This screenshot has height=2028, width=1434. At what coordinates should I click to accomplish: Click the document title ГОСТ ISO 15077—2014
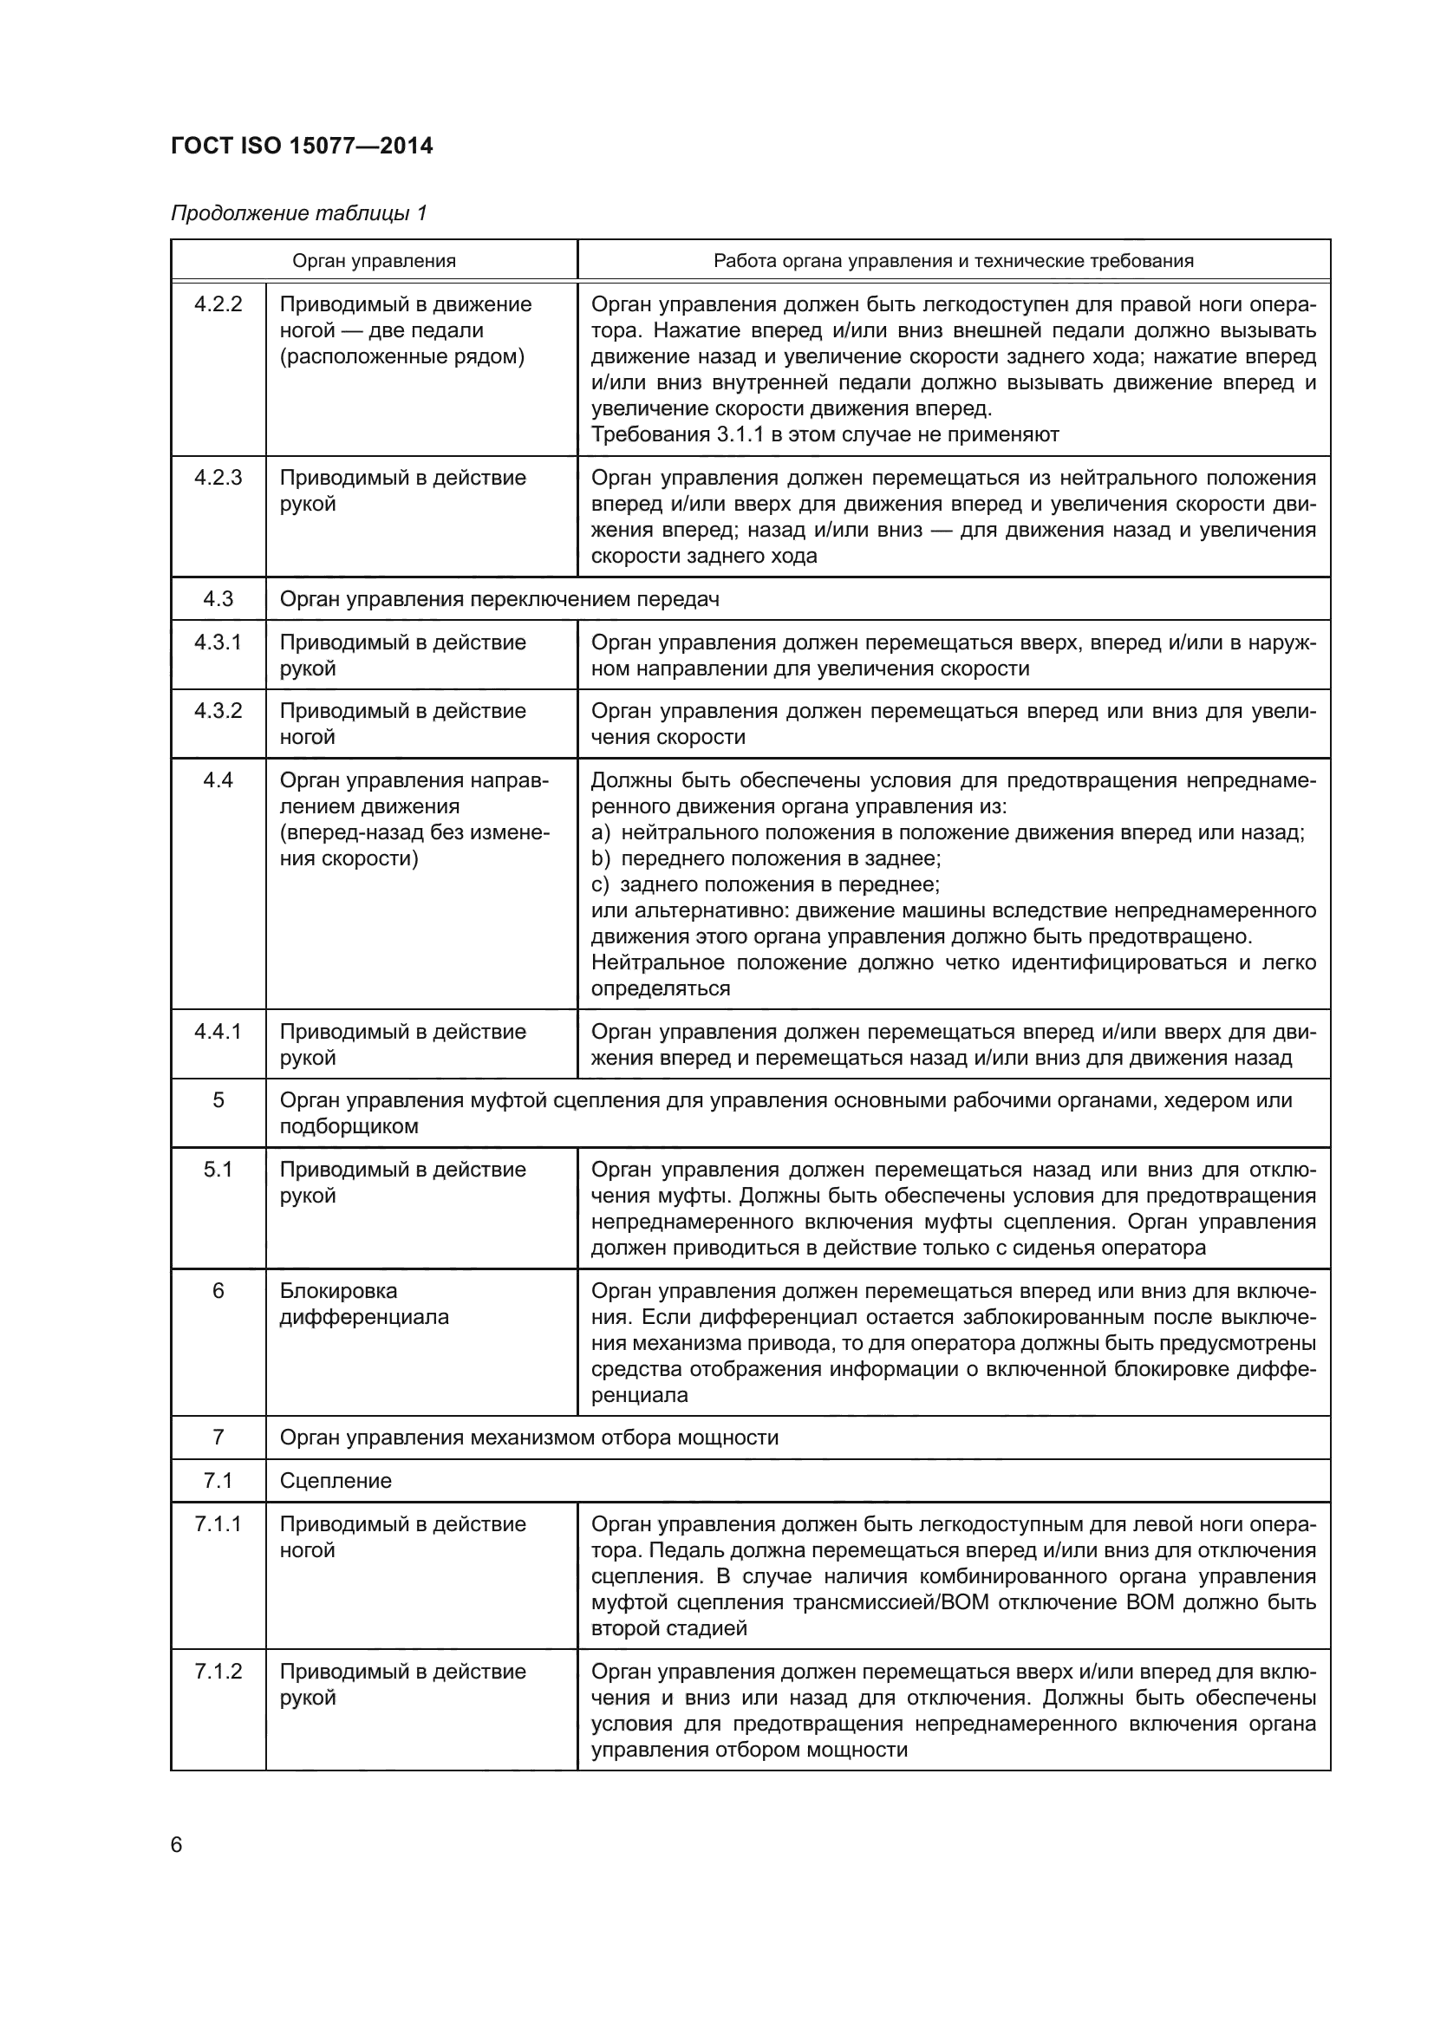(x=301, y=146)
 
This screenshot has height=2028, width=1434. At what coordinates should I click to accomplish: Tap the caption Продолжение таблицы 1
(x=298, y=213)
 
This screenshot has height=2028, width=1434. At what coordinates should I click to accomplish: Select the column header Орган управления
(x=374, y=261)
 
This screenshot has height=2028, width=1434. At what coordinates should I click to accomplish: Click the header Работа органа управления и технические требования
(x=953, y=261)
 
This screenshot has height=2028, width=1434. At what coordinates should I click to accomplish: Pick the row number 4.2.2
(x=218, y=304)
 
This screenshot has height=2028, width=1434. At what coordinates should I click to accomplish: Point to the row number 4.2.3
(x=218, y=478)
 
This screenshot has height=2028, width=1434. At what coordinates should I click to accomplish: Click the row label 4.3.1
(x=218, y=642)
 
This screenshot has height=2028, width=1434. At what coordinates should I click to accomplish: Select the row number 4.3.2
(x=218, y=711)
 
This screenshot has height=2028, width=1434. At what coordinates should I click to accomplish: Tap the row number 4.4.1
(x=218, y=1032)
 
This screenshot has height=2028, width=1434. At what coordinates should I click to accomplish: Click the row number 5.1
(x=218, y=1170)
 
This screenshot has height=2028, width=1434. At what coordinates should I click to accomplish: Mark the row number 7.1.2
(x=218, y=1671)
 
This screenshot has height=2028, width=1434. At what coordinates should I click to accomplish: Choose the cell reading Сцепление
(x=336, y=1480)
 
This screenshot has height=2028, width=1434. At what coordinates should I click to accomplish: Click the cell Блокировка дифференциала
(x=364, y=1304)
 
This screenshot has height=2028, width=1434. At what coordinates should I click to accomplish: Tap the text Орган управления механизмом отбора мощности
(x=529, y=1437)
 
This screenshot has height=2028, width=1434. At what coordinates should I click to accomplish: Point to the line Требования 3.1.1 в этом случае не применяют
(x=824, y=434)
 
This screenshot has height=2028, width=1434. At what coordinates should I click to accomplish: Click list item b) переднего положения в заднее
(x=766, y=858)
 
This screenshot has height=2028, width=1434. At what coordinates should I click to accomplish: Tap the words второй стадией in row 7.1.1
(x=668, y=1628)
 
